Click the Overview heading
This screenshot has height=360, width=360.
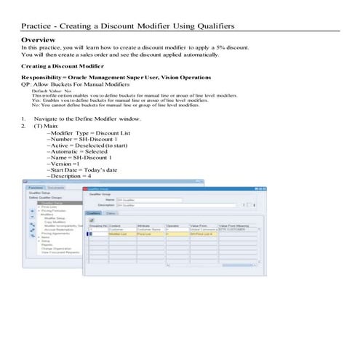39,39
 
